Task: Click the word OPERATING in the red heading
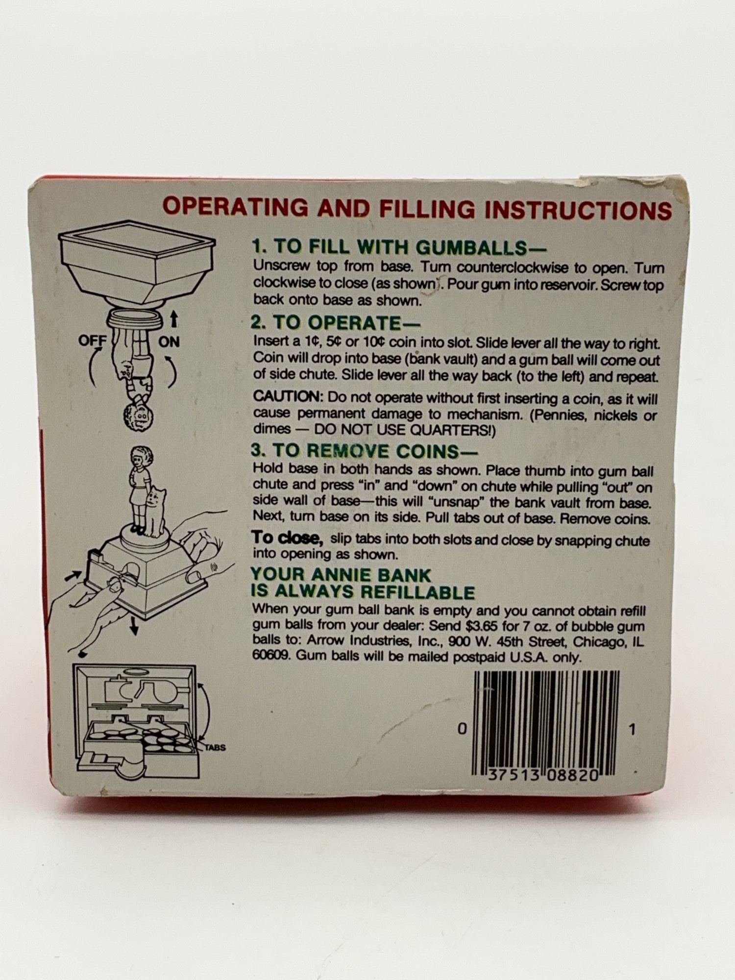click(235, 207)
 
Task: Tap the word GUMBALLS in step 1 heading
click(471, 247)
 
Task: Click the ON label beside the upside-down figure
click(169, 342)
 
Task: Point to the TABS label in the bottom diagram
click(215, 748)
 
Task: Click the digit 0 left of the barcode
click(462, 730)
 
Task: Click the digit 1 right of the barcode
click(632, 730)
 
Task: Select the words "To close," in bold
click(288, 538)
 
